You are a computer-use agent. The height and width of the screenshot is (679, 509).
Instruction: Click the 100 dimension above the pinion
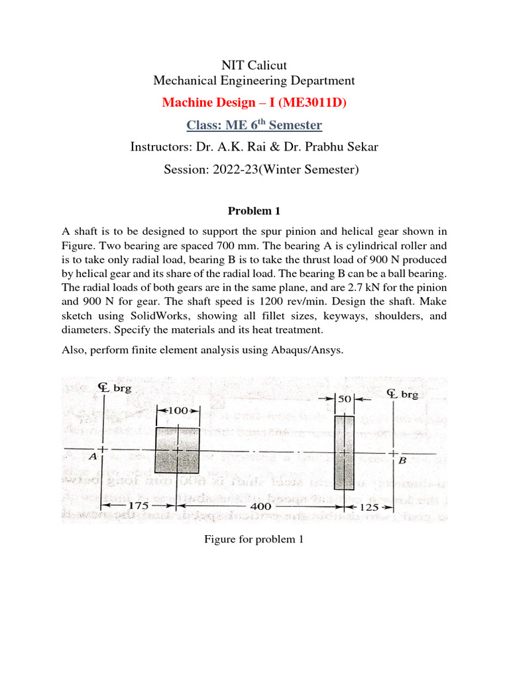(177, 411)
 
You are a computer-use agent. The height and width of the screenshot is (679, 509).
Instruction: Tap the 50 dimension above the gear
(344, 400)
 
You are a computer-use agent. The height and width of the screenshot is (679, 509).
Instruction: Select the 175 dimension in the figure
(137, 506)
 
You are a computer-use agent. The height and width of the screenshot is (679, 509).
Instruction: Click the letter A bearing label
(93, 457)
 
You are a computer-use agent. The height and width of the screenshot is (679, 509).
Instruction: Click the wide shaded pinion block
(177, 450)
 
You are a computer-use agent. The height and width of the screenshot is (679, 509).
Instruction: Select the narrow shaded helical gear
(344, 452)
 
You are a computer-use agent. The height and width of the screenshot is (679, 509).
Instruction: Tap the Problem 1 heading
(254, 212)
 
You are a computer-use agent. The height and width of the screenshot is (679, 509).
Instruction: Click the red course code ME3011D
(310, 103)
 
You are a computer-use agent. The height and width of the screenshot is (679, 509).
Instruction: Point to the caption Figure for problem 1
(254, 540)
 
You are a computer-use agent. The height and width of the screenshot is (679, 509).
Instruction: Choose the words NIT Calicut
(254, 65)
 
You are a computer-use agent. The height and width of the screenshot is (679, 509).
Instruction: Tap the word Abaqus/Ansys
(311, 349)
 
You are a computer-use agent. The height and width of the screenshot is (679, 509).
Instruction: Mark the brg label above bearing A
(123, 388)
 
